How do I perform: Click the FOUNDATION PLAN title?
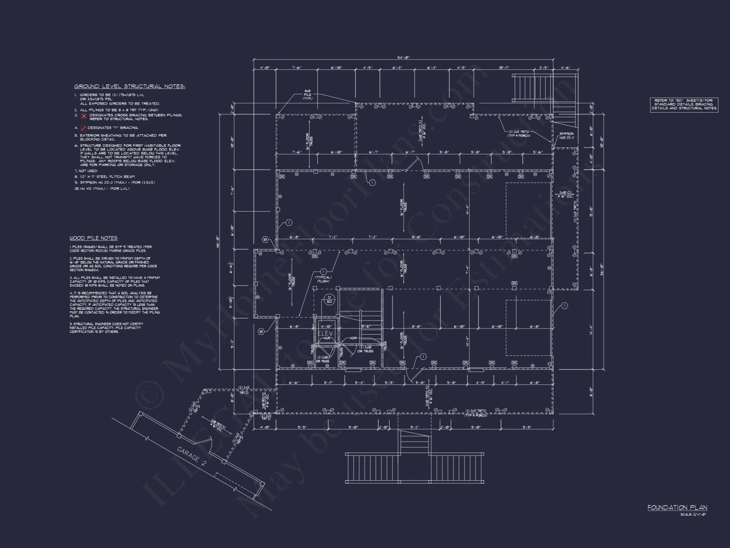click(x=677, y=507)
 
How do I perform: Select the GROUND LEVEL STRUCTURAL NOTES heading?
click(x=130, y=87)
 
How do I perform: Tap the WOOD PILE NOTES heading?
click(x=93, y=238)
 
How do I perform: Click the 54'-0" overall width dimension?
click(x=403, y=57)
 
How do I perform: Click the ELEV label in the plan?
click(x=325, y=333)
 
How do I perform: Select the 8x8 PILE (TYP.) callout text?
click(x=308, y=95)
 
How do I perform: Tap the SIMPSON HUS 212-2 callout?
click(x=566, y=136)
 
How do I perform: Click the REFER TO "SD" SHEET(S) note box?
click(x=684, y=104)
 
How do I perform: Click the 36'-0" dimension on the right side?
click(x=601, y=270)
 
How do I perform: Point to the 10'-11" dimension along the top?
click(x=504, y=68)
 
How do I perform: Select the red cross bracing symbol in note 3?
click(x=84, y=117)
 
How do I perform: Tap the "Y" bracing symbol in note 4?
click(x=83, y=128)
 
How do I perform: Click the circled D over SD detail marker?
click(x=329, y=300)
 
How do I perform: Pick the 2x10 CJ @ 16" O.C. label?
click(x=565, y=194)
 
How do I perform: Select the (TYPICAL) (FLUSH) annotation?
click(x=323, y=279)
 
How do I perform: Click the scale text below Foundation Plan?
click(x=693, y=515)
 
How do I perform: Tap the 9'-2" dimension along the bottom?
click(x=414, y=427)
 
